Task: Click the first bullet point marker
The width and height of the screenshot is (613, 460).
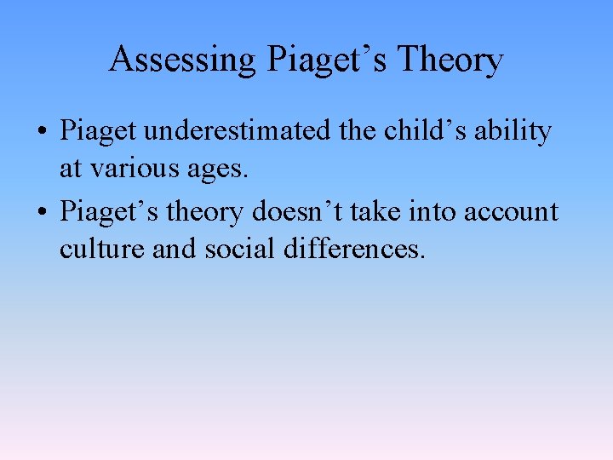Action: tap(42, 133)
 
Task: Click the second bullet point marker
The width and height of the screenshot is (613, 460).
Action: tap(42, 211)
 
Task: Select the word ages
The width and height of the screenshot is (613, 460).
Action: tap(218, 170)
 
